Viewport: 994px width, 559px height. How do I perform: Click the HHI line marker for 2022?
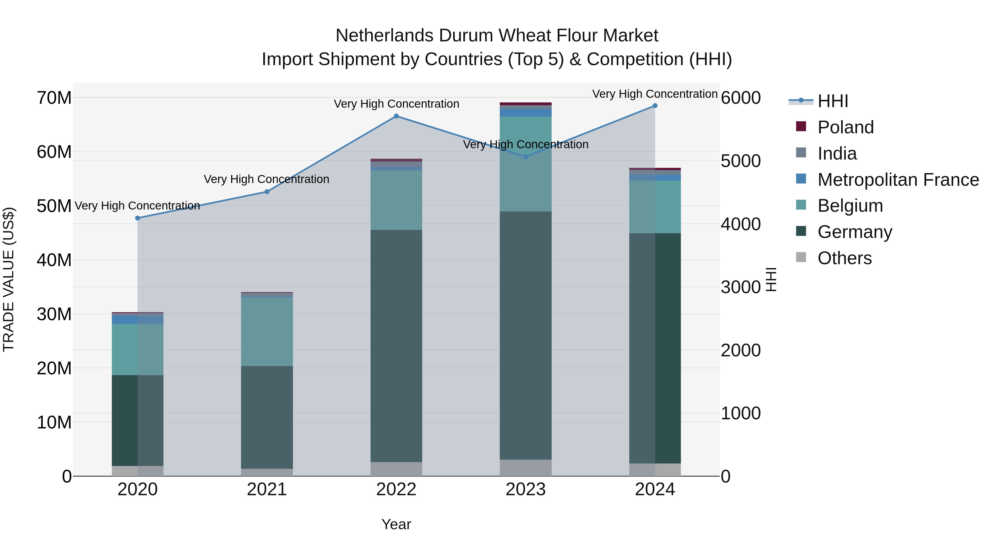tap(396, 116)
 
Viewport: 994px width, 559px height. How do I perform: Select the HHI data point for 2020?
tap(138, 218)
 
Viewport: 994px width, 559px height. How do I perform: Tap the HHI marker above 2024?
tap(655, 106)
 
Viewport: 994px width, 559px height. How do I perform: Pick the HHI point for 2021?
tap(267, 192)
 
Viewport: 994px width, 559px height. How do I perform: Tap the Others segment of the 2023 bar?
tap(525, 468)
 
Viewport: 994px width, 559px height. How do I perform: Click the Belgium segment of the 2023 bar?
tap(525, 164)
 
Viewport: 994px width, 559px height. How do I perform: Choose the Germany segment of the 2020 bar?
tap(138, 420)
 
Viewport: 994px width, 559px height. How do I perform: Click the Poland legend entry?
tap(845, 127)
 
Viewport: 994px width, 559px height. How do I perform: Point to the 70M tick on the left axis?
tap(54, 98)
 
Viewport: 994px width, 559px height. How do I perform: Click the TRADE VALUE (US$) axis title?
tap(9, 279)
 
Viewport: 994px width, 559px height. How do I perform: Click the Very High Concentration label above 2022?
tap(396, 104)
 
